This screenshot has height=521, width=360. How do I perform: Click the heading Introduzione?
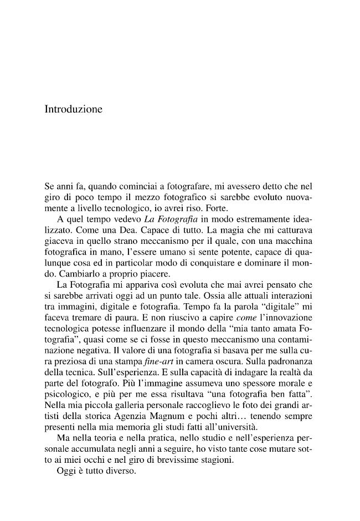point(73,110)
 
